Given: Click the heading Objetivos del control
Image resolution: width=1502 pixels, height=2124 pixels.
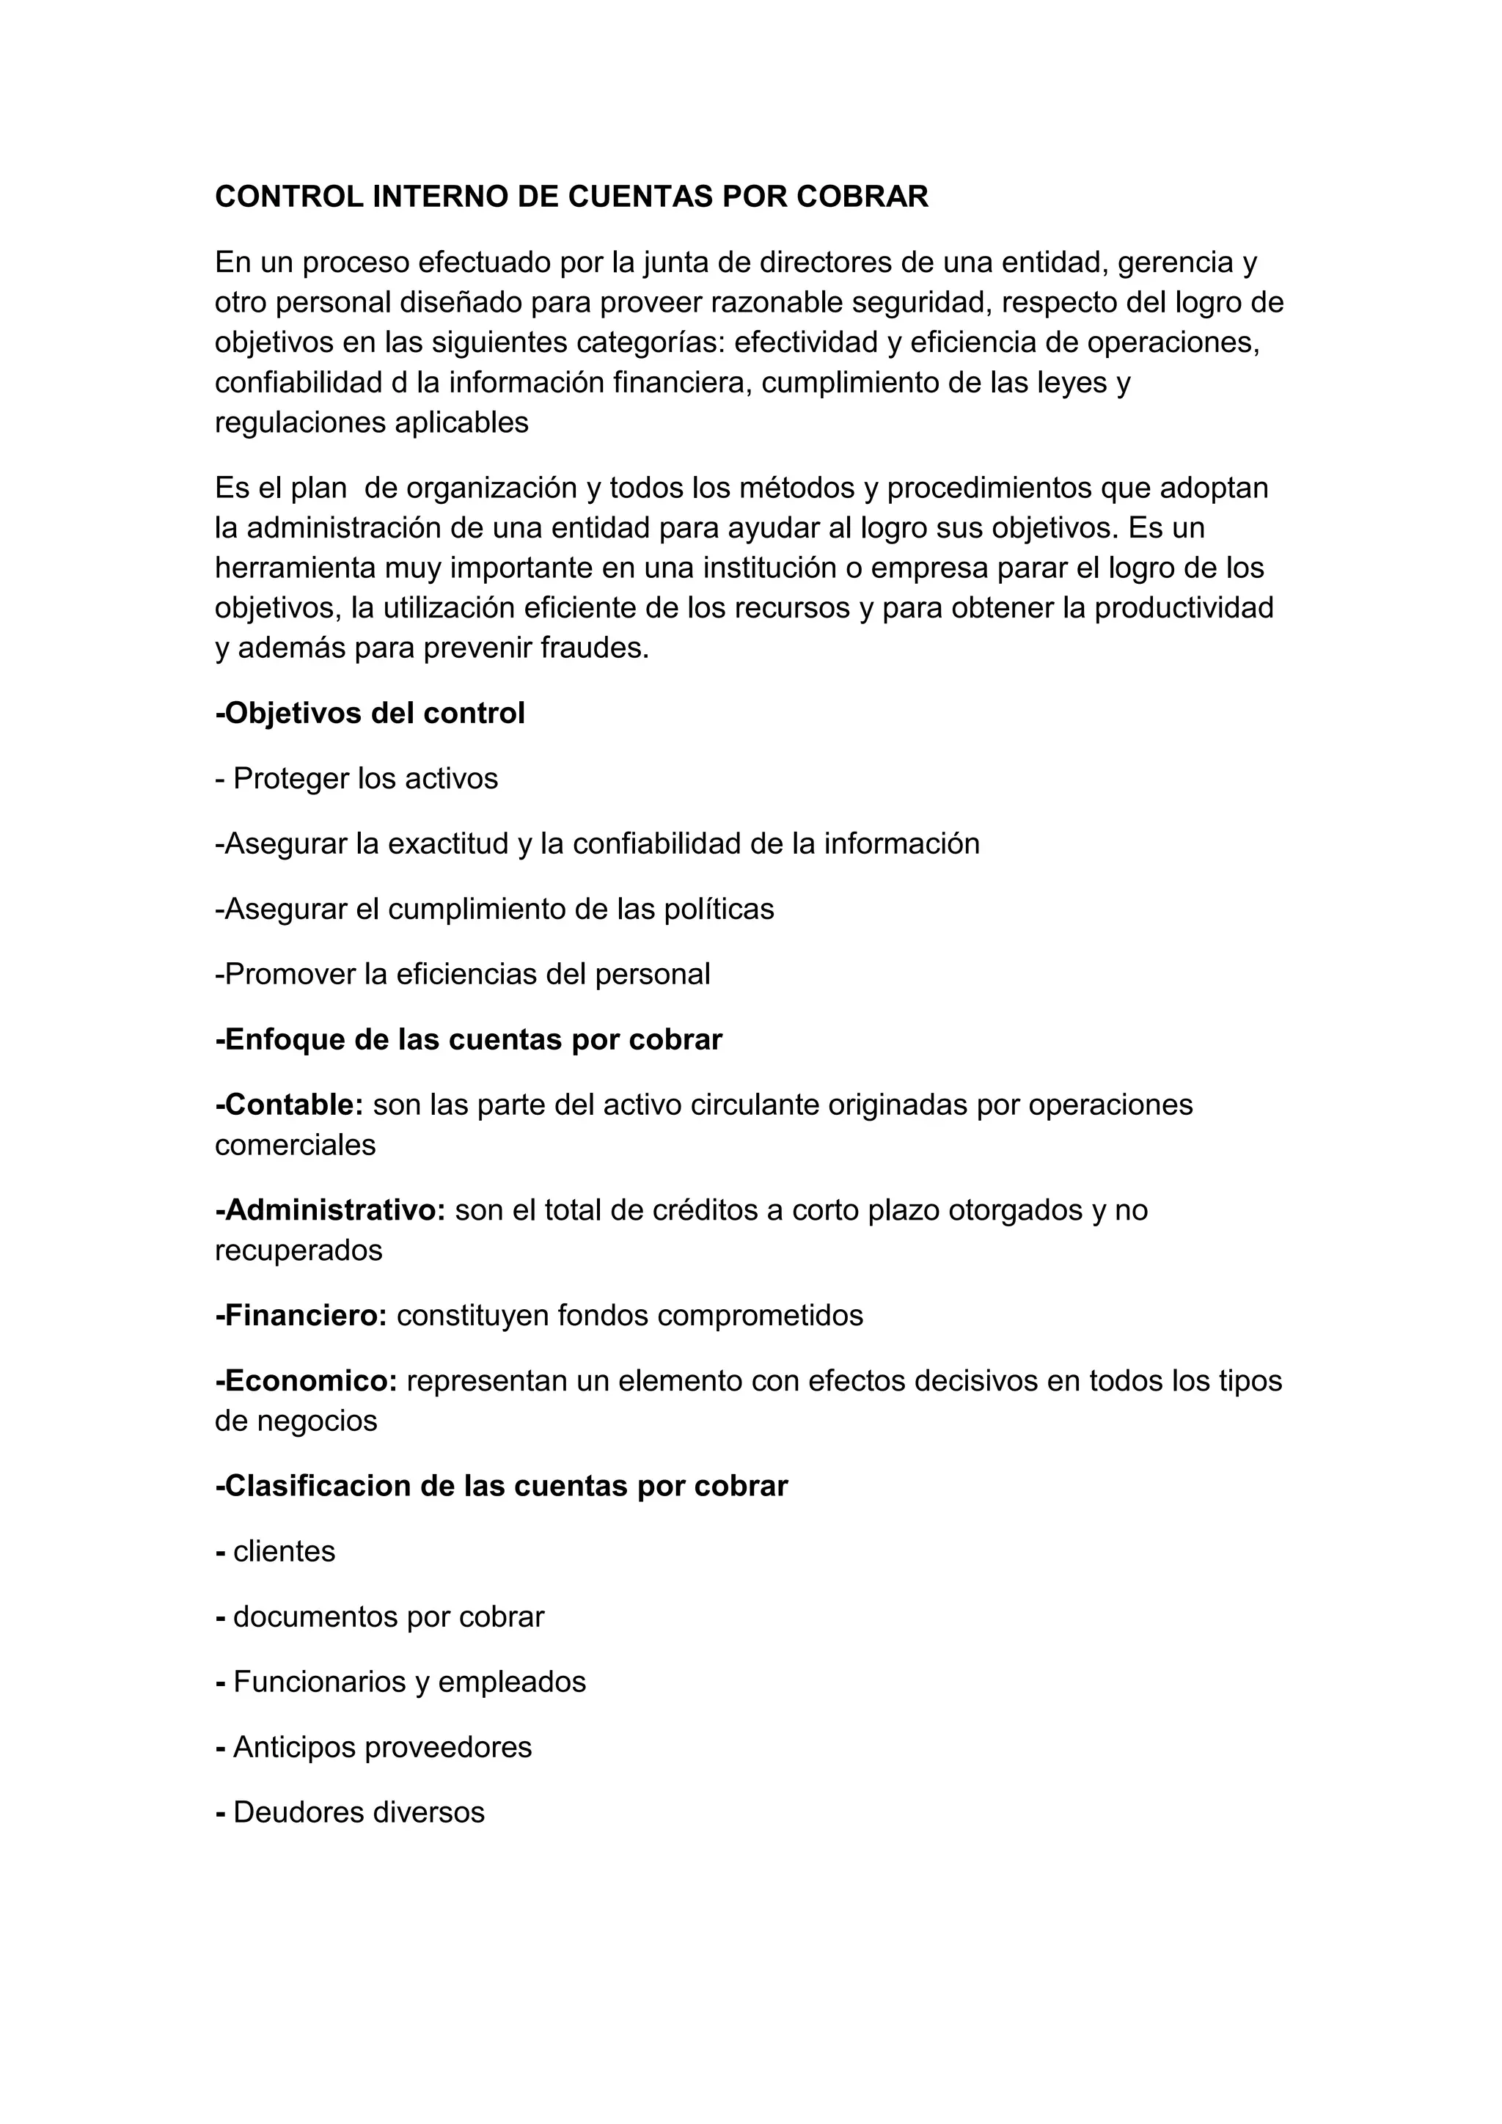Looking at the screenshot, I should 370,713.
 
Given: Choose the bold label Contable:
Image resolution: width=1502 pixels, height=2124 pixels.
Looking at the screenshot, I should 290,1105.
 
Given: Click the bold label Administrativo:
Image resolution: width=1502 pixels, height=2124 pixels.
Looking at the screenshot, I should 331,1210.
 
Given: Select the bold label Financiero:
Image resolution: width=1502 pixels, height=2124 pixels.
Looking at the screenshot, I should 301,1316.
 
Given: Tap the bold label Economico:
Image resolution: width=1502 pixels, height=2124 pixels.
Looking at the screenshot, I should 306,1381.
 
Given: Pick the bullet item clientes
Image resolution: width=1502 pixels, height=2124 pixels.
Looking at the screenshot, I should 284,1551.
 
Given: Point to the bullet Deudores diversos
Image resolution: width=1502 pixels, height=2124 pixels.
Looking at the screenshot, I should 358,1812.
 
